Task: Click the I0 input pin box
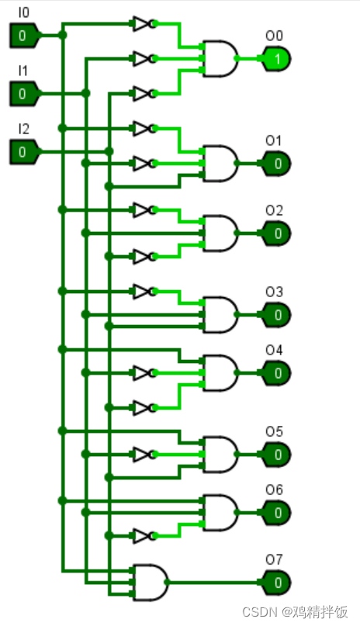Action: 22,35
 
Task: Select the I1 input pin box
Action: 22,94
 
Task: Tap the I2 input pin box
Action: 22,152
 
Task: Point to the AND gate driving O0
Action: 220,58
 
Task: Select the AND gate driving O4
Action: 220,372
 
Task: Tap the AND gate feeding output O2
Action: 220,233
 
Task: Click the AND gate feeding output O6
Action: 220,512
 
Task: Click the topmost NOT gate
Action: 142,23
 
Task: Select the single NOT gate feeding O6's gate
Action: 142,535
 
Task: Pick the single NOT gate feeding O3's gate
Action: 142,291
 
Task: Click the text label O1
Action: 274,140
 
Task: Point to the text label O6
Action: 274,489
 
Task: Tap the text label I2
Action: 24,129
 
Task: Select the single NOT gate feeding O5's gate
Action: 142,454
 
